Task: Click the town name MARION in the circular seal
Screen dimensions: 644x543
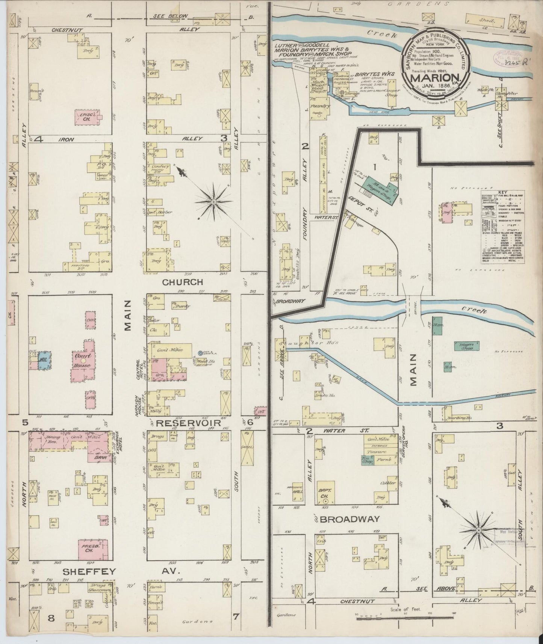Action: (433, 78)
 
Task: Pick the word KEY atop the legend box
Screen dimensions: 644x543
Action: (502, 192)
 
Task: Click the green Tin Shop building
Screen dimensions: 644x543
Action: (367, 460)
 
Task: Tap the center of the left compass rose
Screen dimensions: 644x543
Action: (213, 202)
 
